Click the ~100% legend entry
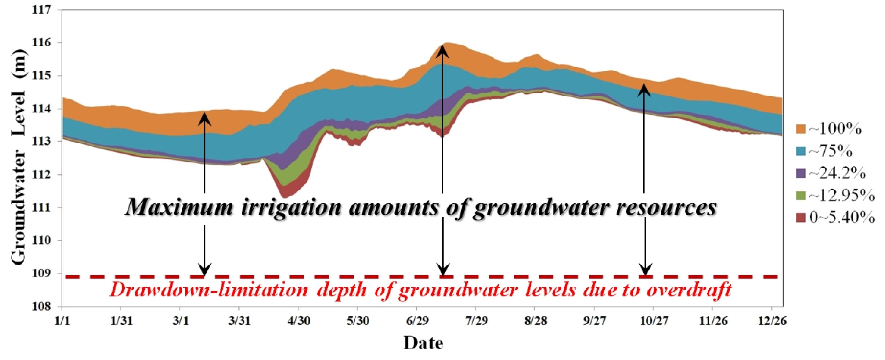click(829, 129)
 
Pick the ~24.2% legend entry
click(831, 173)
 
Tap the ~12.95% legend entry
click(836, 195)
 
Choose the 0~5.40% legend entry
click(836, 217)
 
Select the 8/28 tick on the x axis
click(535, 321)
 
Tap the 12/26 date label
click(772, 321)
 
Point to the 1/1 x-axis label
click(62, 321)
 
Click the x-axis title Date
click(423, 343)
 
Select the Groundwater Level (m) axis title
click(19, 157)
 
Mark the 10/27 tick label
click(654, 321)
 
